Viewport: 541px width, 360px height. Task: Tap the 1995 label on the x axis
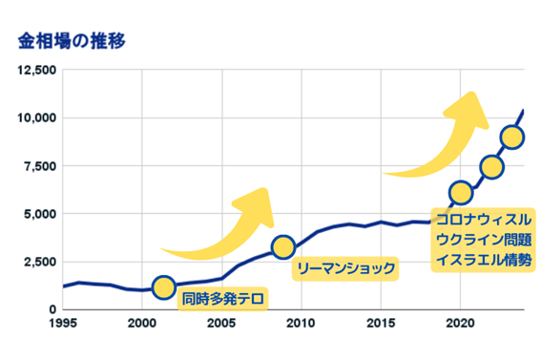(x=63, y=323)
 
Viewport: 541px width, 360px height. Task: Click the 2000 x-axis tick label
(x=142, y=323)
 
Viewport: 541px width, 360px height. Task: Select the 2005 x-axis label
(x=221, y=323)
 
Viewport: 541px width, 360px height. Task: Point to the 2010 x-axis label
(x=302, y=323)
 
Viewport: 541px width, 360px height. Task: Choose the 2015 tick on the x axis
(x=381, y=323)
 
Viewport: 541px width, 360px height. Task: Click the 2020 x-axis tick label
(x=460, y=323)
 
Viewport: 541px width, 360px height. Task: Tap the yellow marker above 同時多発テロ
(x=163, y=287)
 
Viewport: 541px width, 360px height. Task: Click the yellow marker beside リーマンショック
(x=283, y=247)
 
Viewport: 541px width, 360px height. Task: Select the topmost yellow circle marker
(x=511, y=137)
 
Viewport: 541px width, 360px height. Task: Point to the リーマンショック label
(x=344, y=268)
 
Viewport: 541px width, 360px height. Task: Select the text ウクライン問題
(x=483, y=240)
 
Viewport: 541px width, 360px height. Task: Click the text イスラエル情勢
(x=483, y=259)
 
